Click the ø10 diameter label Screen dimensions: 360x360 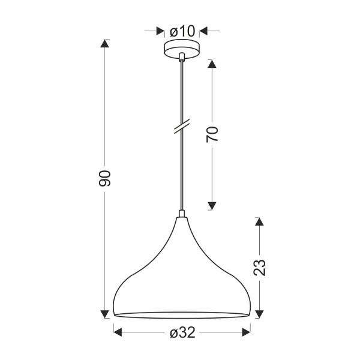[x=181, y=30]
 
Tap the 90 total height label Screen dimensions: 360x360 [x=105, y=178]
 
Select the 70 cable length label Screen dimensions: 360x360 [x=212, y=134]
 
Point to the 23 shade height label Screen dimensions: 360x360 [x=259, y=267]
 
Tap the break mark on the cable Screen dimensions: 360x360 [x=181, y=127]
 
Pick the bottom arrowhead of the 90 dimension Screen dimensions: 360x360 [x=105, y=313]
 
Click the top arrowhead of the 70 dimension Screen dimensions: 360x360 [x=212, y=63]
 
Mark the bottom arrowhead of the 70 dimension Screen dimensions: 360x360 [x=212, y=206]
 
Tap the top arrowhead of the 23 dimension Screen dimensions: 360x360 [x=259, y=222]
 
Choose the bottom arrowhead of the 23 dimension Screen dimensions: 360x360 [x=259, y=313]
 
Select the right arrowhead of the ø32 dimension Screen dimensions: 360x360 [x=246, y=332]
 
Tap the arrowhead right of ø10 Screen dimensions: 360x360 [x=203, y=30]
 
